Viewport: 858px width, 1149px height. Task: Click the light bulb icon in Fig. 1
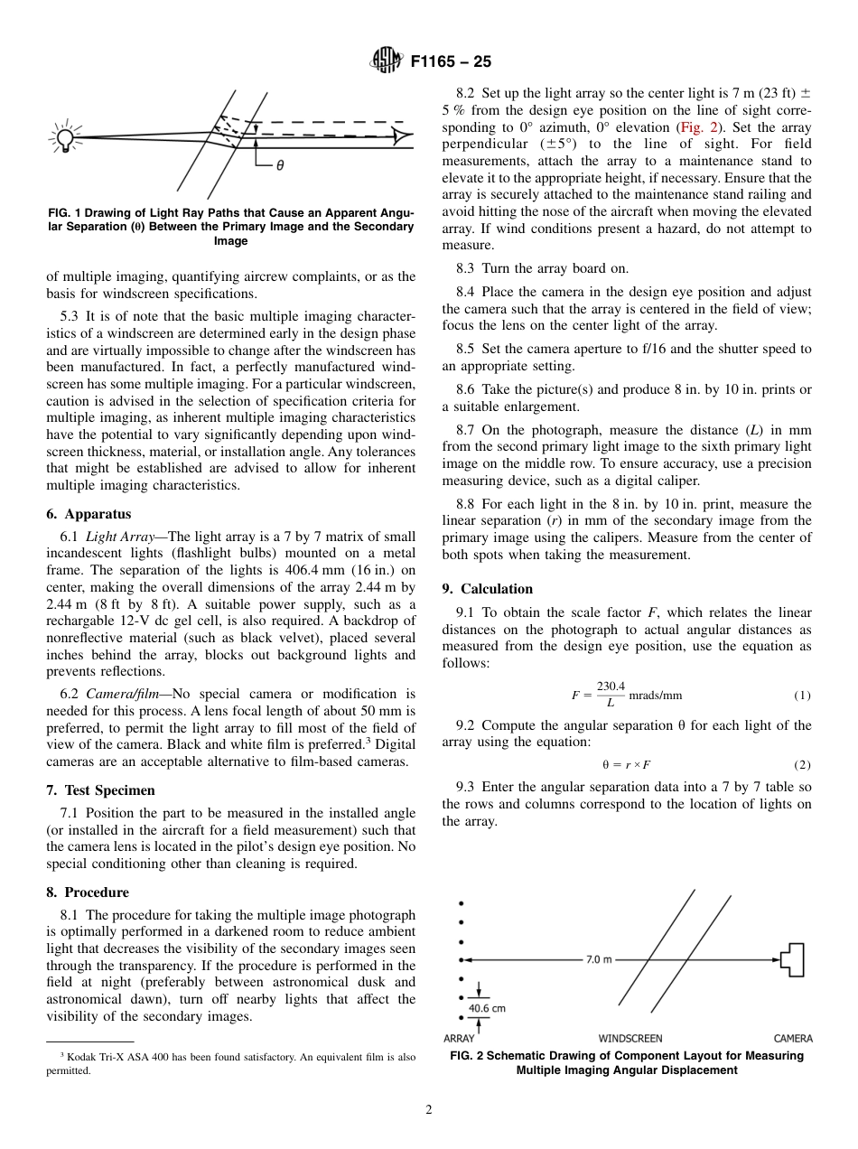tap(65, 137)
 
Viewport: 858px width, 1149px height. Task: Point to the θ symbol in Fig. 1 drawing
tap(280, 165)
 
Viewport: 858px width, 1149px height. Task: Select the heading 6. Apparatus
tap(89, 514)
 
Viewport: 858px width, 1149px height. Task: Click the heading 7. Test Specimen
tap(100, 789)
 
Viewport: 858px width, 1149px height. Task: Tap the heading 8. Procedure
tap(88, 892)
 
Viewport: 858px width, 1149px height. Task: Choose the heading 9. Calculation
tap(488, 588)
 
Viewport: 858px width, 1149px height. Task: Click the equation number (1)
tap(802, 696)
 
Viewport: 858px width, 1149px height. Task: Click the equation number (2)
tap(802, 764)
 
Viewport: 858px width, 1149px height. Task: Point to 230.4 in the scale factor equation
tap(611, 687)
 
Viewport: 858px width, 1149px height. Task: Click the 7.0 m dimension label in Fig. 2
tap(599, 959)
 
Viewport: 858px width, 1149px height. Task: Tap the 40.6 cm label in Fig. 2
tap(486, 1007)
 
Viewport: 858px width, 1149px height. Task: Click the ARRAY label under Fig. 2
tap(459, 1039)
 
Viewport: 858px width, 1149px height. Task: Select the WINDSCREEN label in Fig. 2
tap(630, 1039)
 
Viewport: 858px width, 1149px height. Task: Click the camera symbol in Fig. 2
tap(793, 959)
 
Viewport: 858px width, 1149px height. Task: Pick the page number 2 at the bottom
tap(429, 1110)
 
